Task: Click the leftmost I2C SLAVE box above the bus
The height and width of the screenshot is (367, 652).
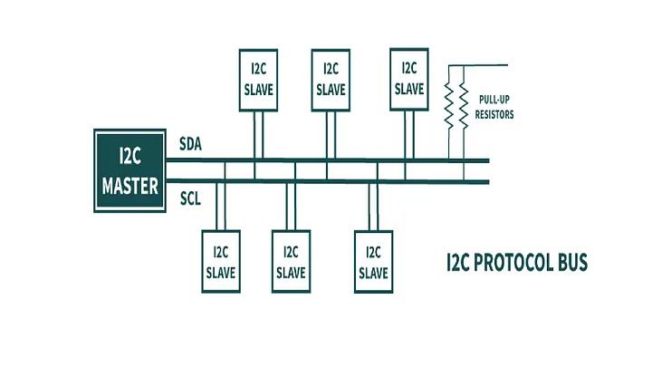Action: tap(257, 82)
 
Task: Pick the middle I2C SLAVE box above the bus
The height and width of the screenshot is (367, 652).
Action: tap(331, 82)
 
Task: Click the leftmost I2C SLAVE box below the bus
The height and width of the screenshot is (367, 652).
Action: tap(221, 261)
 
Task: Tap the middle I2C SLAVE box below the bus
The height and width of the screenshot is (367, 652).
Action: tap(291, 261)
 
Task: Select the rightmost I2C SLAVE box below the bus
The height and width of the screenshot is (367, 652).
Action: tap(373, 261)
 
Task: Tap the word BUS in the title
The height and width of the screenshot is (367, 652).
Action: tap(572, 263)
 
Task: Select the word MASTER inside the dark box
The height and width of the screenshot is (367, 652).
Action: tap(129, 187)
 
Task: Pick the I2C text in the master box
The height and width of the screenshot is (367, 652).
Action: tap(129, 155)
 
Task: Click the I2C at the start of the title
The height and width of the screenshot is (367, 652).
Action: tap(459, 263)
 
